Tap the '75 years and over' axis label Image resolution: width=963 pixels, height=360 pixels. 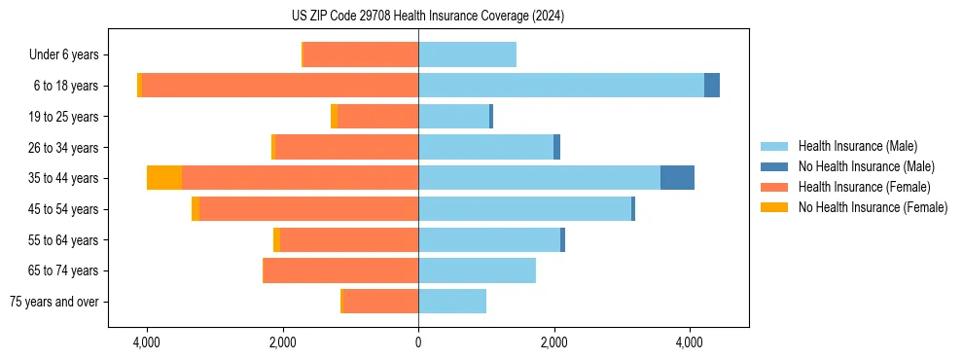pyautogui.click(x=54, y=302)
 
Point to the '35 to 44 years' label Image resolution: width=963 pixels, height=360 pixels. pyautogui.click(x=64, y=178)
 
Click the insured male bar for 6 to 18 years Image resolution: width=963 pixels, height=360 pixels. pyautogui.click(x=560, y=86)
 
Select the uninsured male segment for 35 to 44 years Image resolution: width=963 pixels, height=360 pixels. pyautogui.click(x=677, y=178)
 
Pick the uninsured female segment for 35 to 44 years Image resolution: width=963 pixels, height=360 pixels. pyautogui.click(x=164, y=178)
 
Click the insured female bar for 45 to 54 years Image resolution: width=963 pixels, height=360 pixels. pyautogui.click(x=308, y=209)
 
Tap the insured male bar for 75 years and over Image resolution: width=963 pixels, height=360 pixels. pyautogui.click(x=452, y=302)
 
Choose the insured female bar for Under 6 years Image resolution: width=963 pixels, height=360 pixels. pyautogui.click(x=361, y=54)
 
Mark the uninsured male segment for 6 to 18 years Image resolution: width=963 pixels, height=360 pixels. pyautogui.click(x=712, y=86)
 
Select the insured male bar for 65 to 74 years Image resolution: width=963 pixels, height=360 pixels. pyautogui.click(x=477, y=270)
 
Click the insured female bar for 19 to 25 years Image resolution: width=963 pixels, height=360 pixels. pyautogui.click(x=377, y=117)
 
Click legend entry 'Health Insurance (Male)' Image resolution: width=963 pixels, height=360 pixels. pyautogui.click(x=857, y=146)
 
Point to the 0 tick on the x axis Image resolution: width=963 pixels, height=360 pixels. pyautogui.click(x=418, y=342)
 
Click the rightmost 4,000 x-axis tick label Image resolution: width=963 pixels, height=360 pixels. pyautogui.click(x=690, y=342)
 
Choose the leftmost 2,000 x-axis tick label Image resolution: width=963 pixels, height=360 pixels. pyautogui.click(x=282, y=342)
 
